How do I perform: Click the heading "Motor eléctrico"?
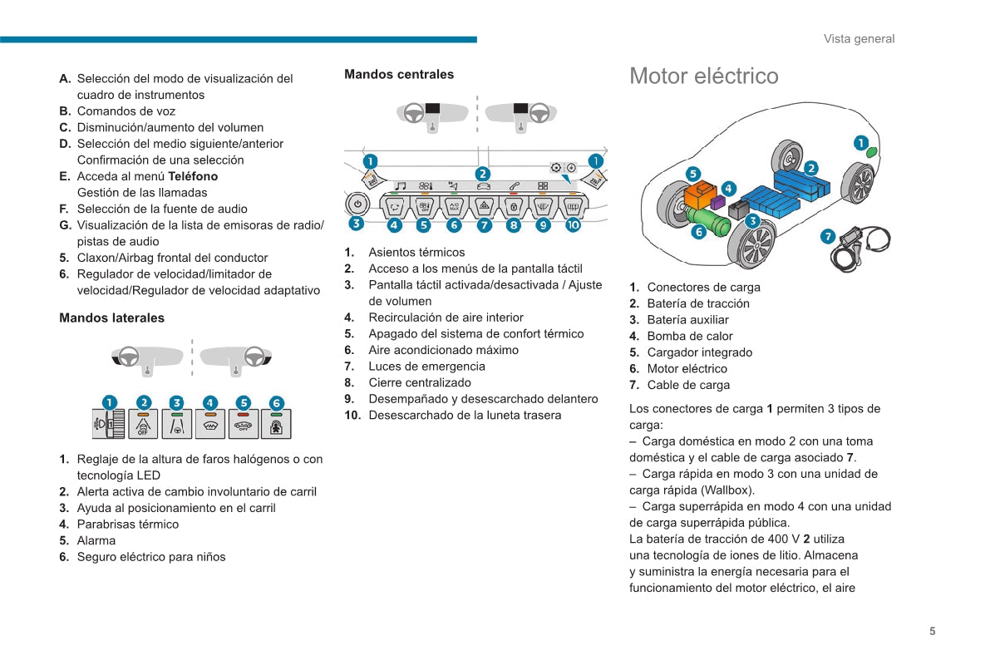tap(703, 76)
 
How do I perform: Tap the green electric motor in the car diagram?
tap(711, 222)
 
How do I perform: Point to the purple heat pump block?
tap(719, 202)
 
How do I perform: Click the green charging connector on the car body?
tap(870, 153)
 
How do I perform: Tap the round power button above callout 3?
tap(357, 203)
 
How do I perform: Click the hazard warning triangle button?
tap(484, 205)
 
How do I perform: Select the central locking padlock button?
tap(514, 205)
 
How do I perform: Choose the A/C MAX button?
tap(454, 205)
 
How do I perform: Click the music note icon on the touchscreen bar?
tap(401, 186)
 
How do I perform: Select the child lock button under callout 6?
tap(276, 424)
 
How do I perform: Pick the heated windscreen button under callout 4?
tap(209, 424)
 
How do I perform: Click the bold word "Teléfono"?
tap(193, 176)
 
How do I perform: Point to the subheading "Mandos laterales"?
tap(111, 318)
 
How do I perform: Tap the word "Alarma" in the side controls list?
tap(96, 540)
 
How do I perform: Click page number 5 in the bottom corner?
tap(932, 631)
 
